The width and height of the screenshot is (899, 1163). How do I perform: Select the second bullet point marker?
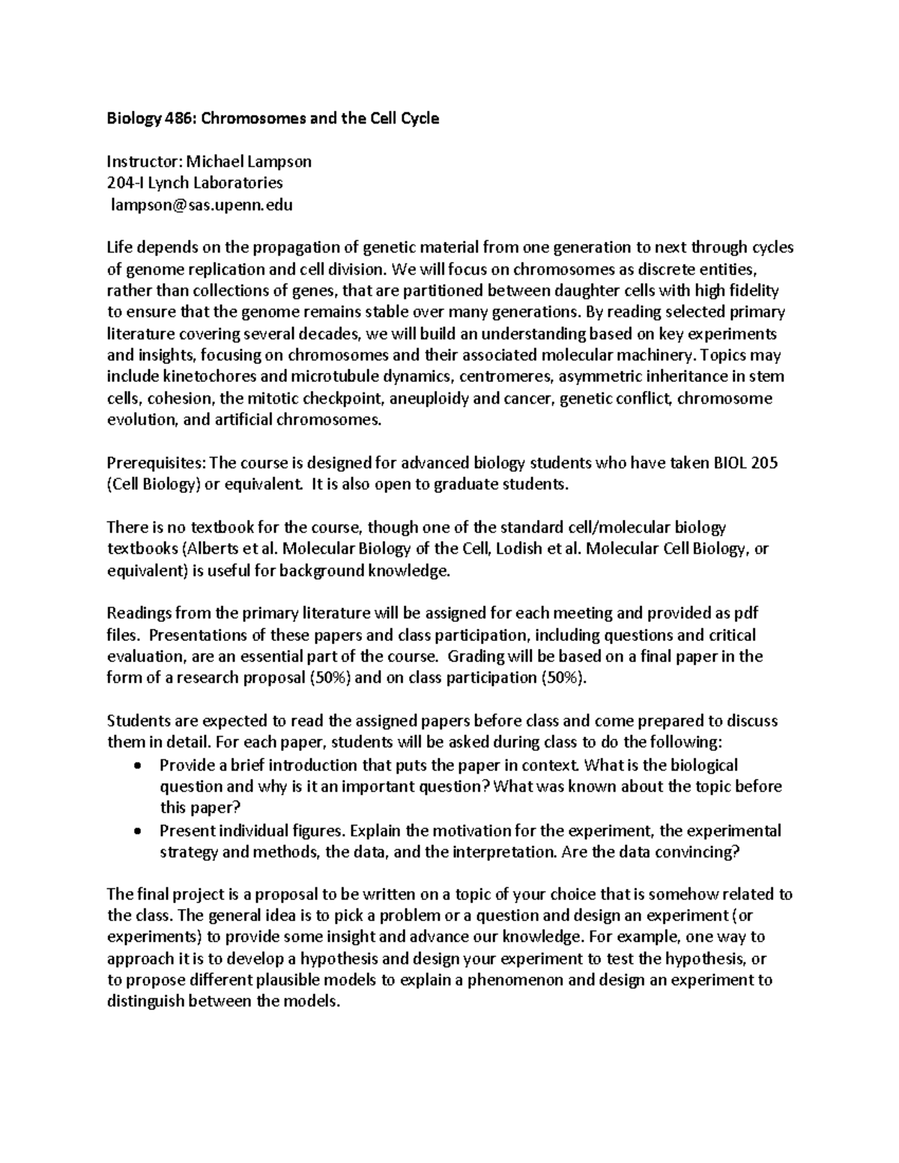tap(136, 831)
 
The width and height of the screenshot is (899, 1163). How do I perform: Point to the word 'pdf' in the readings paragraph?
tap(746, 613)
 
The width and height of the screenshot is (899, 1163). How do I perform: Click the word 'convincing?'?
tap(697, 852)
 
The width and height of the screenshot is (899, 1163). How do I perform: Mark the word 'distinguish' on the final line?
tap(145, 1002)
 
